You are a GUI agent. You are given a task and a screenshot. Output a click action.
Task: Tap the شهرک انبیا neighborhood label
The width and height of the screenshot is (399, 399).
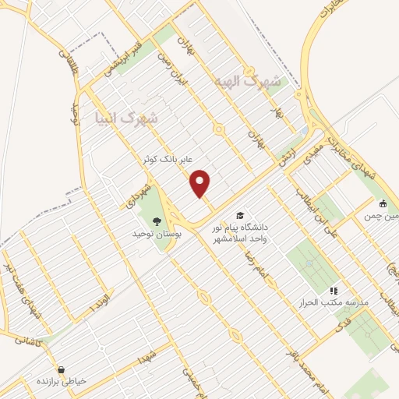point(130,118)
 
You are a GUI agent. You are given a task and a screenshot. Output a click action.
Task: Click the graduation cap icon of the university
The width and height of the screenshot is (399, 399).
point(239,214)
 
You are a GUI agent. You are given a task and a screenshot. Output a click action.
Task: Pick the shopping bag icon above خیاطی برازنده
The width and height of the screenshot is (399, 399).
point(61,369)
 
